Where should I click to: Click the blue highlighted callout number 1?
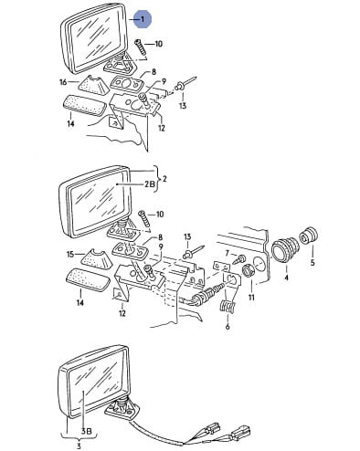pyautogui.click(x=143, y=19)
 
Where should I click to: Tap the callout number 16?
pyautogui.click(x=63, y=82)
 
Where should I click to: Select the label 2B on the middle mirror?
pyautogui.click(x=150, y=184)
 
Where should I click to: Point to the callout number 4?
pyautogui.click(x=287, y=278)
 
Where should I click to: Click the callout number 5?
pyautogui.click(x=312, y=262)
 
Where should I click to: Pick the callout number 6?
pyautogui.click(x=228, y=327)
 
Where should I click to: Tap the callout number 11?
pyautogui.click(x=251, y=297)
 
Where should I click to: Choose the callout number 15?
pyautogui.click(x=70, y=254)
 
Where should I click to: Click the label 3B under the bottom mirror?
pyautogui.click(x=86, y=431)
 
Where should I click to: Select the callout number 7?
pyautogui.click(x=227, y=253)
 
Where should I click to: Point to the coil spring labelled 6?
pyautogui.click(x=228, y=307)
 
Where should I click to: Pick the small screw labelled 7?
pyautogui.click(x=238, y=259)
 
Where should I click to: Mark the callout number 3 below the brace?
pyautogui.click(x=79, y=446)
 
